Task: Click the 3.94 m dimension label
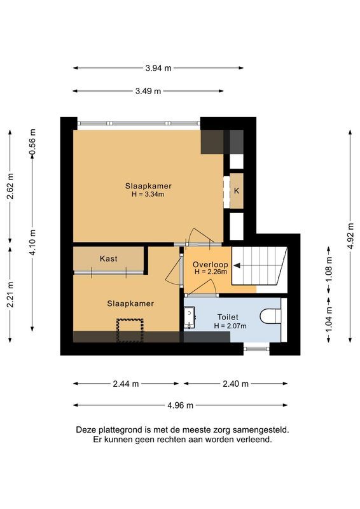158,68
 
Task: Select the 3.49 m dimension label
148,91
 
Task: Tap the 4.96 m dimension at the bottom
180,405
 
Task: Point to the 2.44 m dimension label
126,384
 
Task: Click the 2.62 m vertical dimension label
10,186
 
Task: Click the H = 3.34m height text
148,195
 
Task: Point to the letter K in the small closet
237,191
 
